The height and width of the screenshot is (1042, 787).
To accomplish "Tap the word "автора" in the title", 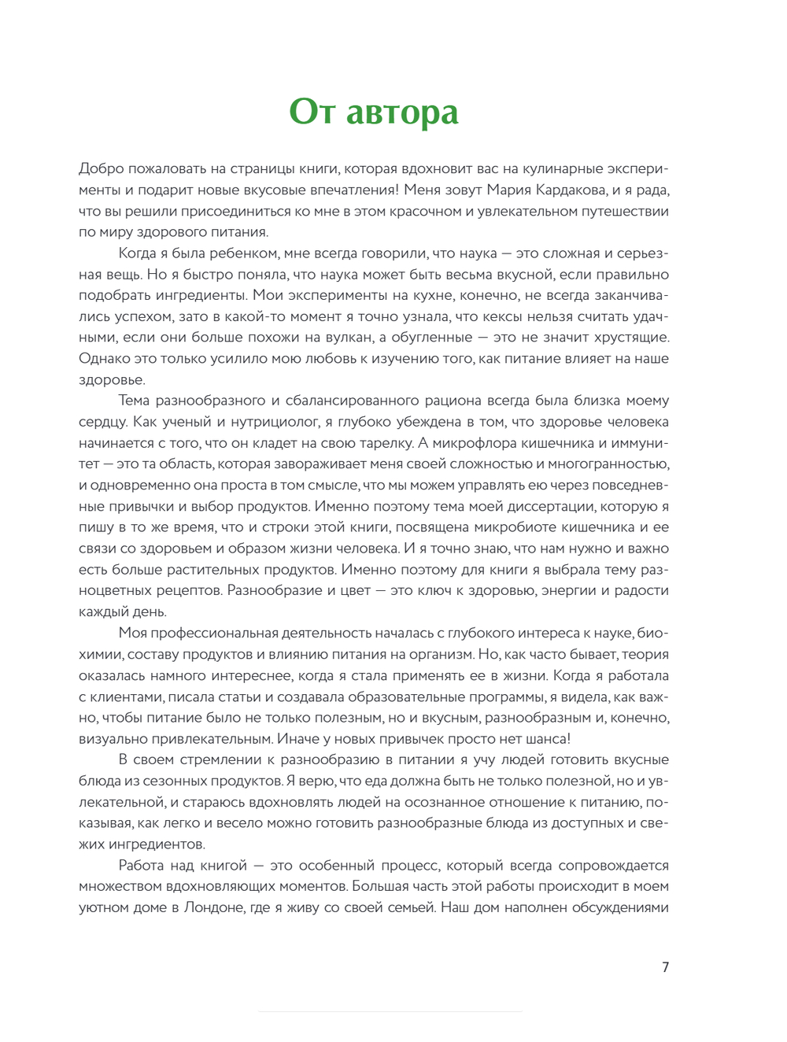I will point(402,112).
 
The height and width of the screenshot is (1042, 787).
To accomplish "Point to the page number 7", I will point(665,967).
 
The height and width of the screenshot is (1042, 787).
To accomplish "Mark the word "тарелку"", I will point(380,443).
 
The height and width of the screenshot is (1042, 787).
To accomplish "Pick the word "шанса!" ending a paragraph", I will point(548,739).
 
